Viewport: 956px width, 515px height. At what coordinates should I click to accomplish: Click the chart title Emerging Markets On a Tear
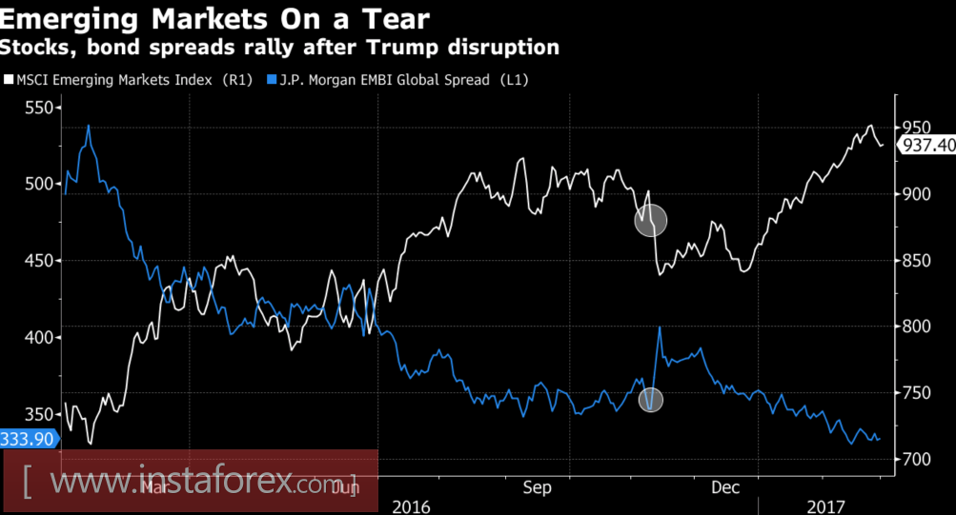pyautogui.click(x=214, y=18)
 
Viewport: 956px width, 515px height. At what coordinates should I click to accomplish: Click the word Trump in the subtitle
pyautogui.click(x=394, y=46)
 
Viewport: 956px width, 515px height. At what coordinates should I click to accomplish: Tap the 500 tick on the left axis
pyautogui.click(x=39, y=184)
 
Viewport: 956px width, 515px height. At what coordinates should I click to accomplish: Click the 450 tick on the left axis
pyautogui.click(x=39, y=261)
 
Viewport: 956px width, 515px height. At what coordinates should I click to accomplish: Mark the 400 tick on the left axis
pyautogui.click(x=39, y=338)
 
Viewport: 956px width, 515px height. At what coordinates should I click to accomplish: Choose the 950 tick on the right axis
pyautogui.click(x=914, y=128)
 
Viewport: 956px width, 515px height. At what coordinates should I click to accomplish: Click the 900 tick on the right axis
pyautogui.click(x=914, y=194)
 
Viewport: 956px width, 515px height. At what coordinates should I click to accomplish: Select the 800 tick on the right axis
pyautogui.click(x=914, y=327)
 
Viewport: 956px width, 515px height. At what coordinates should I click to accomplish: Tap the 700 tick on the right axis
pyautogui.click(x=914, y=459)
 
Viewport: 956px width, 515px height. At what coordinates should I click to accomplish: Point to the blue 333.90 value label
pyautogui.click(x=28, y=438)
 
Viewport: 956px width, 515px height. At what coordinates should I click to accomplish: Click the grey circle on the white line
pyautogui.click(x=651, y=221)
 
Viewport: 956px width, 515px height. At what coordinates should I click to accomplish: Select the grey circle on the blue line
pyautogui.click(x=651, y=400)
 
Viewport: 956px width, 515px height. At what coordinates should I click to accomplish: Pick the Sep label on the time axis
pyautogui.click(x=537, y=488)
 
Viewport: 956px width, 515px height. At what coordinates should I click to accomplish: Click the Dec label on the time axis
pyautogui.click(x=725, y=488)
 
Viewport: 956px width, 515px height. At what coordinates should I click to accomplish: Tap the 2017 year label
pyautogui.click(x=826, y=505)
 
